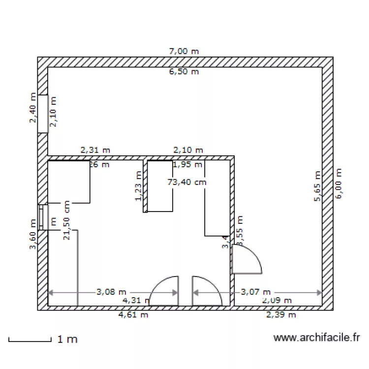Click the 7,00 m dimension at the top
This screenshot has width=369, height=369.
point(184,51)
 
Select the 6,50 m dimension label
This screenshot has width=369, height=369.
point(184,72)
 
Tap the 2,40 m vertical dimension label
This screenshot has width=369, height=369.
point(33,108)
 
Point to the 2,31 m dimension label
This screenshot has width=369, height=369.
point(95,150)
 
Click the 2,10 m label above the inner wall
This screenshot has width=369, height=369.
point(188,150)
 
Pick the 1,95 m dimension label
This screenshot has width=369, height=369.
point(187,165)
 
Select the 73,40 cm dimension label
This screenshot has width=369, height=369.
point(187,182)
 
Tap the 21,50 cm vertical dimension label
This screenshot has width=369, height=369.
point(66,220)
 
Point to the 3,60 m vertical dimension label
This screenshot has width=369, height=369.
point(33,235)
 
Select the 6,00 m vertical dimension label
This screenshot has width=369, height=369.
point(338,183)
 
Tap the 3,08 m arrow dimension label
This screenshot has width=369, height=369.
point(111,292)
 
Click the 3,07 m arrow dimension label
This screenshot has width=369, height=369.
point(256,292)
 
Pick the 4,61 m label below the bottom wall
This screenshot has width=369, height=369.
point(135,315)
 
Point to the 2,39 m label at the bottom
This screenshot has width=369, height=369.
point(281,315)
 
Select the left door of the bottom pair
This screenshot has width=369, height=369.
point(164,291)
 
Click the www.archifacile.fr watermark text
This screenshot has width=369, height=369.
point(316,338)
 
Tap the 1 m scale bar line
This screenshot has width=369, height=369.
point(30,340)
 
